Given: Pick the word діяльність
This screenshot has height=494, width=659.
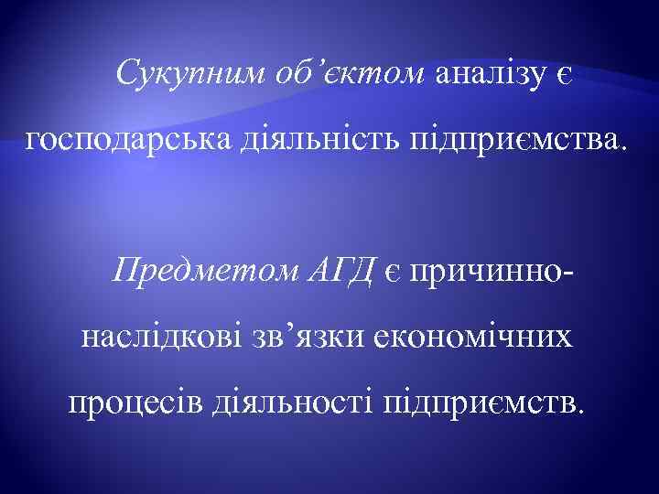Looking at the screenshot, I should [x=310, y=142].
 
